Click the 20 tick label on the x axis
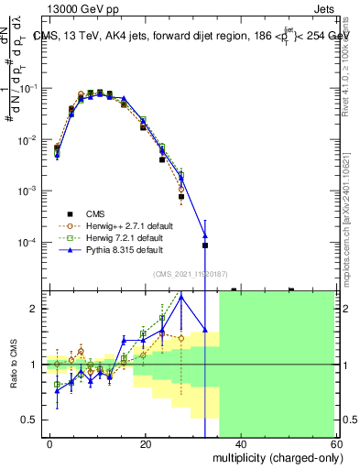[146, 443]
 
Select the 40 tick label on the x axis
[241, 443]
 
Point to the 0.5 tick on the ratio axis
[31, 420]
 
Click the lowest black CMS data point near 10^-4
[205, 245]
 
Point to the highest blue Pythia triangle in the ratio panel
[181, 296]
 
